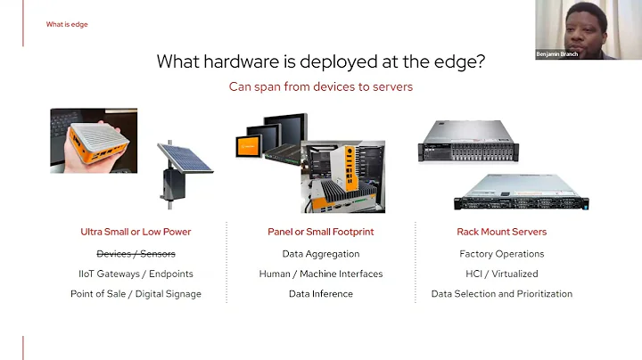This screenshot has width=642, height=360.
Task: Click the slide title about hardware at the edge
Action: point(321,61)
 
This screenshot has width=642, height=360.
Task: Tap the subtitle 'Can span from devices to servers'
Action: point(321,87)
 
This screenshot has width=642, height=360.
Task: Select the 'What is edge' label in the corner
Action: point(67,24)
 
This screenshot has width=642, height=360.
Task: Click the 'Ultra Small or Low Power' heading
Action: point(136,232)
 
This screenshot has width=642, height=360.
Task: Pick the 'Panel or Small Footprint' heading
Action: point(321,232)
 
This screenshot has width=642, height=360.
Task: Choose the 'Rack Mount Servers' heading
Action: point(501,232)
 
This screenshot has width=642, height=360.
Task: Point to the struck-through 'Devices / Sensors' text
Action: point(136,254)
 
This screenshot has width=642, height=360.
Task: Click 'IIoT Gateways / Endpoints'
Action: point(136,274)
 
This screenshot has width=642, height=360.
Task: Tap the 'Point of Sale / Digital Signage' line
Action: point(136,294)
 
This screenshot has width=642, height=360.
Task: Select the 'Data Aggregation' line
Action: point(321,254)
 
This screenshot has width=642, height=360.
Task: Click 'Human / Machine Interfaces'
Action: point(321,274)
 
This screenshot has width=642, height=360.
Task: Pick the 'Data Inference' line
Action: point(321,294)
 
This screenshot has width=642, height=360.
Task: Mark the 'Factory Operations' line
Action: point(501,254)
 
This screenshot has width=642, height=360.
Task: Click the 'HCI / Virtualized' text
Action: point(501,274)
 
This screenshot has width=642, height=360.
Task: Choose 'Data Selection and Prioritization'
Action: point(501,294)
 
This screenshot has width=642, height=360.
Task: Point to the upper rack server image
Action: point(468,141)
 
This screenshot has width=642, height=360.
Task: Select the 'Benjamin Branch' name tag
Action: point(558,54)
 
